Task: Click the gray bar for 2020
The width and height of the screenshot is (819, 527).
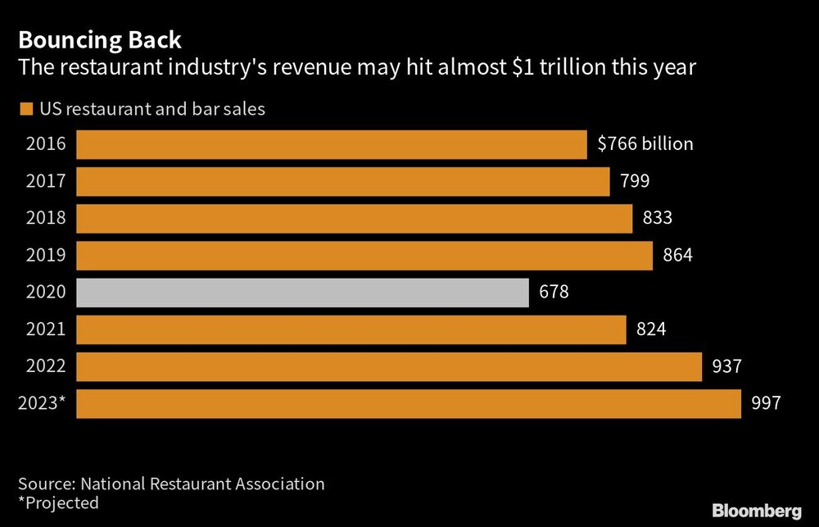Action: tap(302, 293)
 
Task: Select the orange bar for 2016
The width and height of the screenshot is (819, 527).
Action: tap(332, 144)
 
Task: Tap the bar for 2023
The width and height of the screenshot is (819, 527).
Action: tap(409, 404)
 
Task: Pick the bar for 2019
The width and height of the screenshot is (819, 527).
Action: tap(364, 256)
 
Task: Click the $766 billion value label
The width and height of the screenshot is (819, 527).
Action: tap(645, 144)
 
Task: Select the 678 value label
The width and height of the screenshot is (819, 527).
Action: tap(553, 293)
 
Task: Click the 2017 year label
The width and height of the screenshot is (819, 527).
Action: tap(46, 181)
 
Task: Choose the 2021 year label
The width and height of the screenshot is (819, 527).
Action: tap(46, 329)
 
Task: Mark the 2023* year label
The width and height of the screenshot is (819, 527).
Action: tap(46, 403)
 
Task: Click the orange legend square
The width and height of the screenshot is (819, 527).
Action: tap(25, 109)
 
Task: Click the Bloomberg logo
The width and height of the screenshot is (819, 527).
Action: tap(756, 511)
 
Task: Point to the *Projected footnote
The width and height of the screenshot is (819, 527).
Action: tap(58, 502)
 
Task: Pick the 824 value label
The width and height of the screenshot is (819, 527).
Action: tap(650, 329)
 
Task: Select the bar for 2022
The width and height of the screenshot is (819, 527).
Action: tap(389, 366)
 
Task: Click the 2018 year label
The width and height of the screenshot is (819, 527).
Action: tap(46, 218)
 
